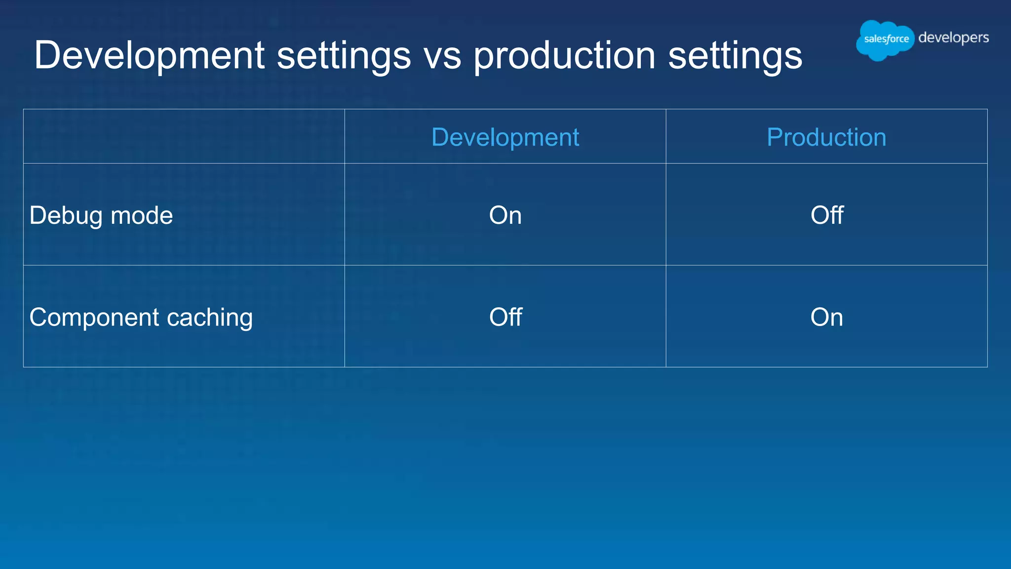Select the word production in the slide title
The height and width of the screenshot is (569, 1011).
pyautogui.click(x=564, y=55)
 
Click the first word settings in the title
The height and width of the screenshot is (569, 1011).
pyautogui.click(x=344, y=55)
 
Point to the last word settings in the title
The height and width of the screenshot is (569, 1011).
pyautogui.click(x=735, y=55)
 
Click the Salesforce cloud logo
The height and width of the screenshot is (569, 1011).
pyautogui.click(x=886, y=40)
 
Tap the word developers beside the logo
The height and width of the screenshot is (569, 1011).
pyautogui.click(x=953, y=38)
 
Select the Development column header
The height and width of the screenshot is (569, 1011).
pyautogui.click(x=505, y=137)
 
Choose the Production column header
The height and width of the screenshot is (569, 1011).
pyautogui.click(x=826, y=137)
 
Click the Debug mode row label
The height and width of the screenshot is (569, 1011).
pyautogui.click(x=101, y=215)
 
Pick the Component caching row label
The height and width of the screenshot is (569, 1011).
pyautogui.click(x=141, y=317)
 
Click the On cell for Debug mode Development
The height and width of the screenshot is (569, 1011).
pyautogui.click(x=505, y=215)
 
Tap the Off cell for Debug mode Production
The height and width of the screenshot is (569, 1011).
pyautogui.click(x=827, y=215)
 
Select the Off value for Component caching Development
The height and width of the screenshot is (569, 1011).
pyautogui.click(x=505, y=317)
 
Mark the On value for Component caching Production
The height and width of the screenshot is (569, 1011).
pyautogui.click(x=826, y=317)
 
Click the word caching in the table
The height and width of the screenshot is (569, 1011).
pyautogui.click(x=210, y=317)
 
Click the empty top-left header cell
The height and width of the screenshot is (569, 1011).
pyautogui.click(x=184, y=136)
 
